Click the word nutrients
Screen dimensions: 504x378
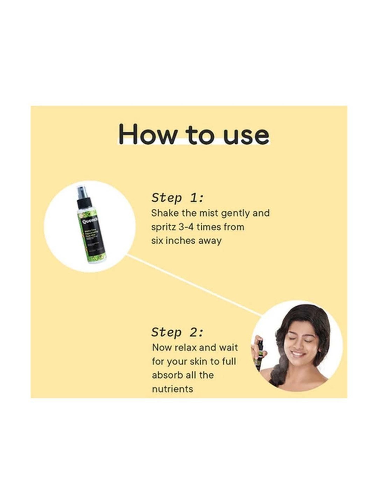(x=172, y=389)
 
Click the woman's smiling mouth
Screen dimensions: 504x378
(x=299, y=354)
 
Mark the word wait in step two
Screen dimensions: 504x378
(x=228, y=348)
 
